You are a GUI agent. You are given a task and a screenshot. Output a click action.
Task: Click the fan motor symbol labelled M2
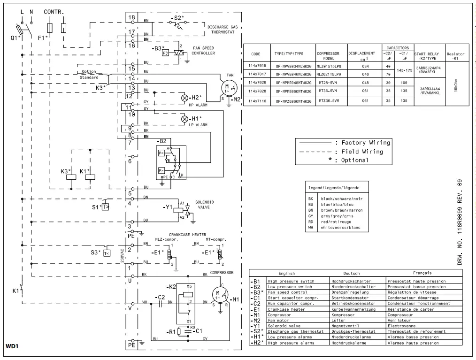click(x=227, y=88)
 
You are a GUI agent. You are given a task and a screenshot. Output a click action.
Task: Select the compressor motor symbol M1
click(x=220, y=295)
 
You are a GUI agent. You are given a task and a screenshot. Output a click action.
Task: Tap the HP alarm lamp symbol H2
click(x=184, y=98)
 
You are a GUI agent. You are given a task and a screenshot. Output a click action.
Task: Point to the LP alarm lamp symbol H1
click(x=184, y=119)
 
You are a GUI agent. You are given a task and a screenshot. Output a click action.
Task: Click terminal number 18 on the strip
click(x=132, y=17)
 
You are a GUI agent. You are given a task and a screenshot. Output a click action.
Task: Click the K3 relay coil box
click(x=70, y=177)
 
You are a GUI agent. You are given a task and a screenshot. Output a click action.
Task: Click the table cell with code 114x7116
click(x=257, y=101)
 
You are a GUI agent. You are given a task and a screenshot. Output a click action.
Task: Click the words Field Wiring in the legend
click(x=359, y=152)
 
